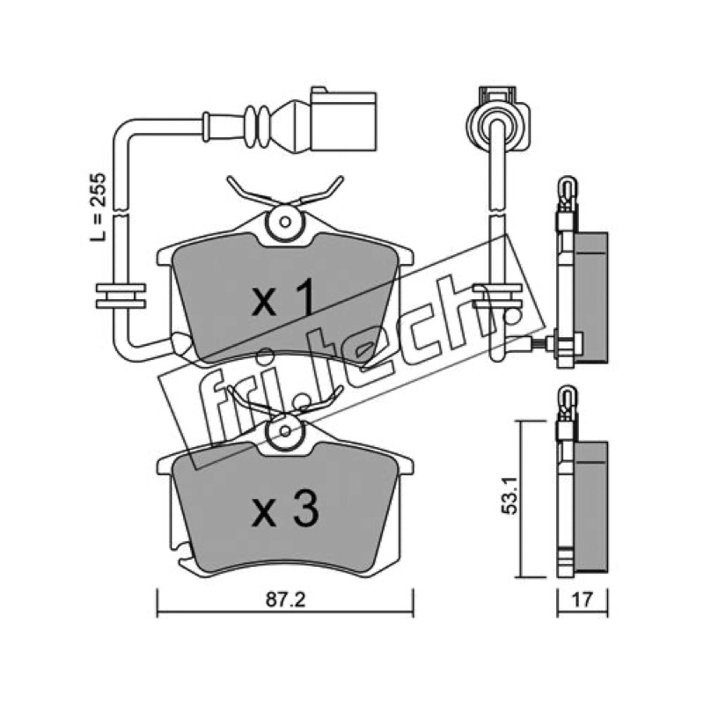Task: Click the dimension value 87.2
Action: click(x=285, y=600)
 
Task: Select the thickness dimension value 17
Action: click(x=583, y=600)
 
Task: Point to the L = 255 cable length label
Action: click(x=98, y=208)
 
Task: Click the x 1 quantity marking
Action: click(x=282, y=297)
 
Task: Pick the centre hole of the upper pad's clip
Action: click(x=284, y=222)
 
